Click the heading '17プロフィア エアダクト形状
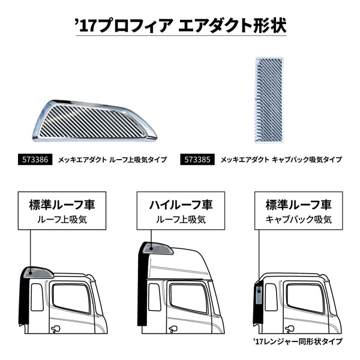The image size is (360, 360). click(179, 25)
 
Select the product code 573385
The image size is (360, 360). click(197, 160)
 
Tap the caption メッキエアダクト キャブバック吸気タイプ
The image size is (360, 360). click(281, 160)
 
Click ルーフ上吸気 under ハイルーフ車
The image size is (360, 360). click(180, 220)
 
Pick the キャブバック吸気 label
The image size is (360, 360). click(298, 220)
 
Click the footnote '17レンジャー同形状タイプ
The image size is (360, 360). click(298, 341)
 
